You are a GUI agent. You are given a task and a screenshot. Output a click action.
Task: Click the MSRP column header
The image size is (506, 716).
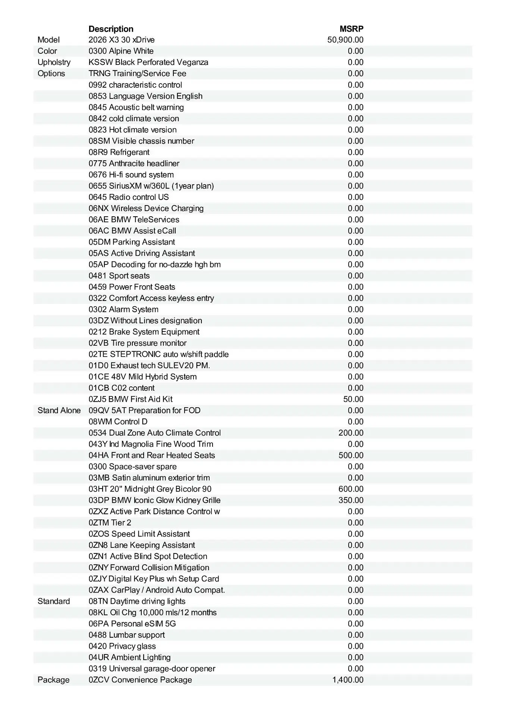351,29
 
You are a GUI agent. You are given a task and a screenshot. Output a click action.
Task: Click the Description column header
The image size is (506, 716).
111,29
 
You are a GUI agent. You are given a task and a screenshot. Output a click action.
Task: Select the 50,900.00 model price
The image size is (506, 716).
345,40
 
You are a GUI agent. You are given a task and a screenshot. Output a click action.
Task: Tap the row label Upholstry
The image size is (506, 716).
54,62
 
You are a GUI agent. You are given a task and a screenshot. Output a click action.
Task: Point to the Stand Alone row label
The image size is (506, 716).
59,411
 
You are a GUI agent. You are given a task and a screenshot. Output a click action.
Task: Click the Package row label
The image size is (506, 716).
53,680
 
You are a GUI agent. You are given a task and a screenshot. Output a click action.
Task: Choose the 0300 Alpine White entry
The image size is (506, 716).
121,51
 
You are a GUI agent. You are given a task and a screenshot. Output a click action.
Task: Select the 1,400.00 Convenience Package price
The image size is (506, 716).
348,680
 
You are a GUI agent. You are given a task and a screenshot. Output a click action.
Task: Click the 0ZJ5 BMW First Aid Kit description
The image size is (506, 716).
131,399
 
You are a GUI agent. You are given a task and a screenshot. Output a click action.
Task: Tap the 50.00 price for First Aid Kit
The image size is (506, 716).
353,399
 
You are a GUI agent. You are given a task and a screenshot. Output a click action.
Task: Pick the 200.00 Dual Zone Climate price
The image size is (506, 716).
351,433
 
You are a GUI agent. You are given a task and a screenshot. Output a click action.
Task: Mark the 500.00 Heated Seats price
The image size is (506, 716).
351,455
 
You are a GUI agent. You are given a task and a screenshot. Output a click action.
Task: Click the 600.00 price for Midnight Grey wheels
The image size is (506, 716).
351,489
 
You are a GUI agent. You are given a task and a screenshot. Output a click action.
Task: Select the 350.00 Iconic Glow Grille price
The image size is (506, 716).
351,500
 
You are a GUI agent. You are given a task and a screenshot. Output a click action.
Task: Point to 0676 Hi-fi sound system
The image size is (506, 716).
131,175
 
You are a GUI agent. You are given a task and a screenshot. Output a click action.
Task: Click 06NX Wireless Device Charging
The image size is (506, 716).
146,208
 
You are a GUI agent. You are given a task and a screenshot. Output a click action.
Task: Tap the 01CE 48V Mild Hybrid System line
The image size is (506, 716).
142,377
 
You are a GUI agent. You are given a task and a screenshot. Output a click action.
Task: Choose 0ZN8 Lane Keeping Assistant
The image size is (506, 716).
142,545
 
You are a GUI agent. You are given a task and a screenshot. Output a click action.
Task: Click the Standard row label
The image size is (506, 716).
54,601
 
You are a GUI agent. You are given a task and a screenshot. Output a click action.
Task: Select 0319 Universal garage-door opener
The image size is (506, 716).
152,669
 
